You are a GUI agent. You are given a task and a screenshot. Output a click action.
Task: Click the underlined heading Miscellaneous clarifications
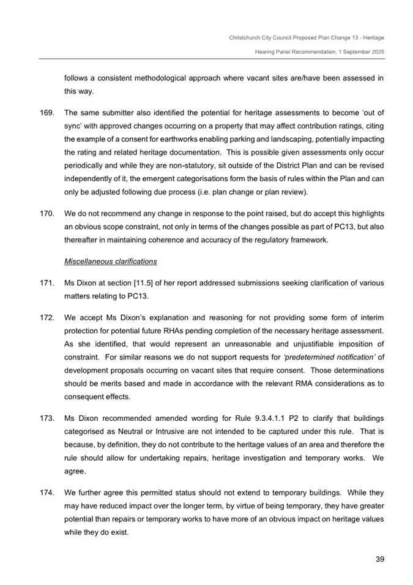click(110, 262)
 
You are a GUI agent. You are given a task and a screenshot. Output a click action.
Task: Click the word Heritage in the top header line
click(373, 38)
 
